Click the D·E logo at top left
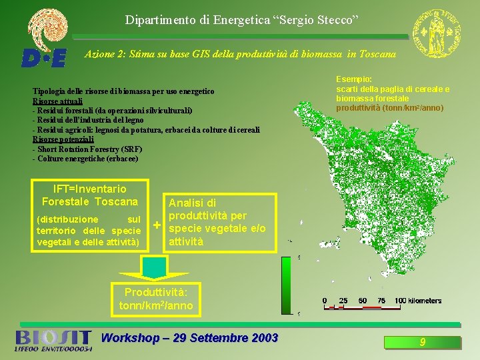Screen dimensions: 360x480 [x=43, y=58]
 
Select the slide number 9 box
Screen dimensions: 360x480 [x=422, y=343]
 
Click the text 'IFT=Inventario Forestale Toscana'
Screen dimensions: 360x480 [x=89, y=195]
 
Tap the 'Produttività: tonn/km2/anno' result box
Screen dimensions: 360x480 [x=155, y=299]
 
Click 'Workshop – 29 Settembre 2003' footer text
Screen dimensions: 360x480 [x=189, y=338]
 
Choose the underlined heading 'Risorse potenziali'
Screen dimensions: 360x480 [x=63, y=139]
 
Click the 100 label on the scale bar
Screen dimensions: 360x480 [x=400, y=301]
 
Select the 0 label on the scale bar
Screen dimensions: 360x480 [x=325, y=301]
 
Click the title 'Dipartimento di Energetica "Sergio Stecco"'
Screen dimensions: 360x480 [x=242, y=19]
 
